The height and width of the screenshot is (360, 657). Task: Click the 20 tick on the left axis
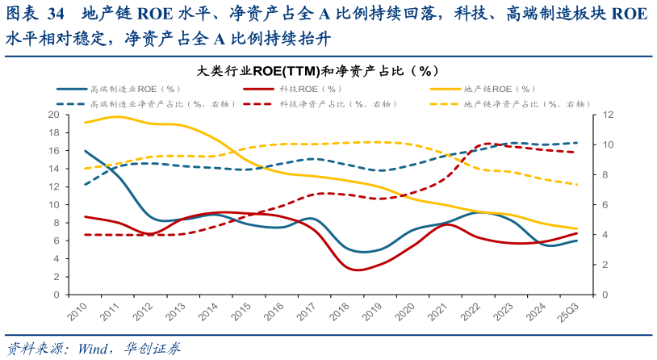54,115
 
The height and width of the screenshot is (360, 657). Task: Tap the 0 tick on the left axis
57,295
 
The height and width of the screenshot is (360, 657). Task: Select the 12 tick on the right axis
597,115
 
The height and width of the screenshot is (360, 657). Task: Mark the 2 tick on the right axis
595,265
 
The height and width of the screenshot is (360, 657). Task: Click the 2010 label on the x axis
77,312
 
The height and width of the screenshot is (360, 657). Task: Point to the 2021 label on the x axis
437,312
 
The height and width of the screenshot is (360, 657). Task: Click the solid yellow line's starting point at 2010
86,123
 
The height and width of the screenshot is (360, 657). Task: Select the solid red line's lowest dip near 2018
359,270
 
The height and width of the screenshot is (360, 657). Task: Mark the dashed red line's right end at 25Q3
576,153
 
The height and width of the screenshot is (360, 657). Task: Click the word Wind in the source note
90,349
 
